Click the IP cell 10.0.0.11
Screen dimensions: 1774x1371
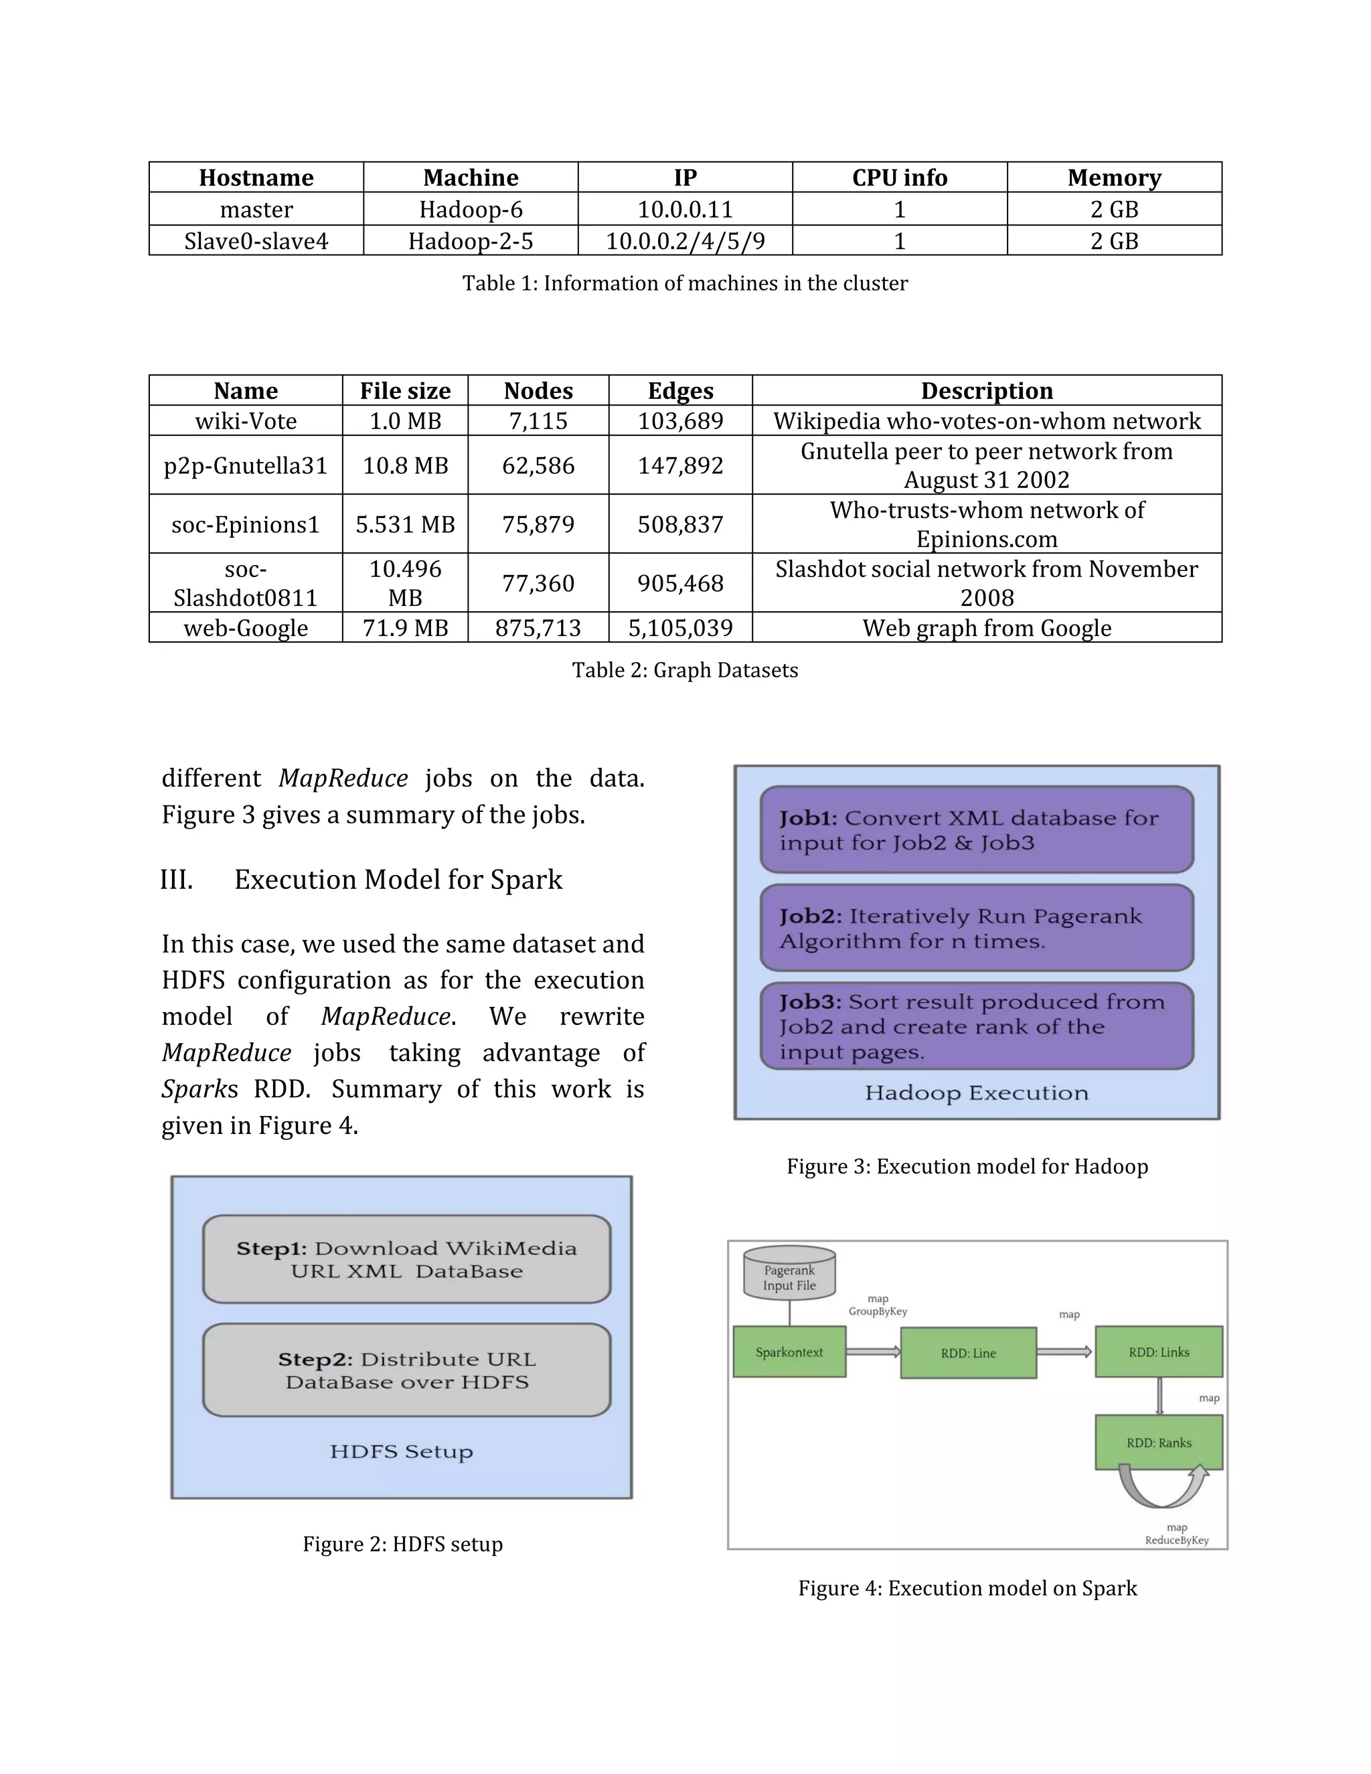[x=685, y=210]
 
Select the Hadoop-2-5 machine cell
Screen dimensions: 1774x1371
[x=470, y=241]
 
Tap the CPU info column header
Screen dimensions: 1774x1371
[x=899, y=177]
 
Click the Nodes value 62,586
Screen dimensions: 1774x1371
[x=538, y=465]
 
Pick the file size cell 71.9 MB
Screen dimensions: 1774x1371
[x=404, y=628]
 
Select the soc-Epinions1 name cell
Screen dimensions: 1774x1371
[x=245, y=525]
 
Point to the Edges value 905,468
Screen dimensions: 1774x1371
[x=680, y=583]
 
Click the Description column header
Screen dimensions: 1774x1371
[x=986, y=391]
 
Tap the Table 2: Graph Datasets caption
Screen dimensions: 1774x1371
[x=685, y=670]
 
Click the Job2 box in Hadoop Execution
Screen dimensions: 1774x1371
[x=976, y=929]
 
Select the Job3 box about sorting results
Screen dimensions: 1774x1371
[x=976, y=1026]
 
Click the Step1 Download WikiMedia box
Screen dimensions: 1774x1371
[x=406, y=1259]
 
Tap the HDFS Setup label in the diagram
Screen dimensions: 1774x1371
[x=401, y=1451]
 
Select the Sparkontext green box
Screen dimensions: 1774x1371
[x=789, y=1352]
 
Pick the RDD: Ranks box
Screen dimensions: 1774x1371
[x=1158, y=1443]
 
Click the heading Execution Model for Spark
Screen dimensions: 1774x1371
[x=398, y=880]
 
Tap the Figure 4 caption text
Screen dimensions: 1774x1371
[x=967, y=1588]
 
